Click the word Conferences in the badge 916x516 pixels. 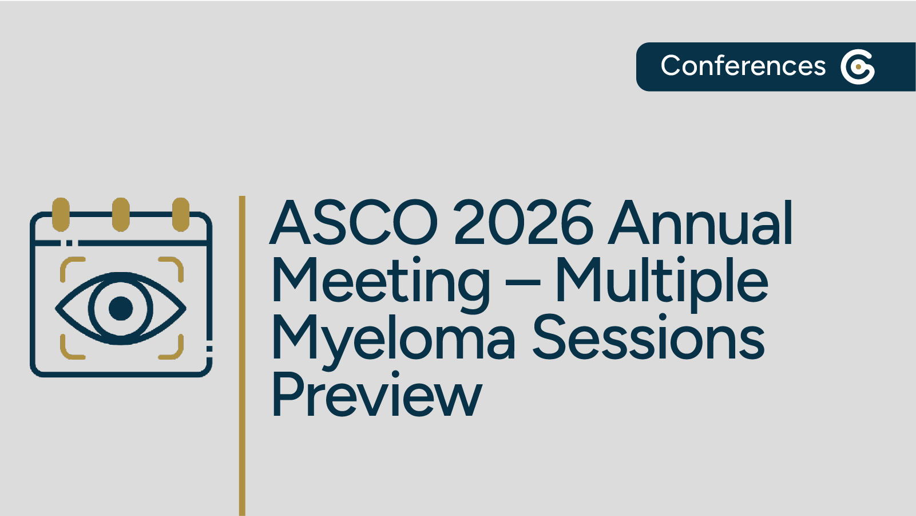coord(743,66)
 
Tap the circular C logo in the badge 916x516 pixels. coord(858,67)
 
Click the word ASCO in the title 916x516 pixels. coord(354,223)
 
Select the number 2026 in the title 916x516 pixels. coord(524,223)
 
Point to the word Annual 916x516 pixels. coord(700,223)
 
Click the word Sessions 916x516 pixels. coord(649,338)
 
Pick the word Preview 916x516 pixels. coord(376,395)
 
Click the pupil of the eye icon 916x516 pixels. coord(121,308)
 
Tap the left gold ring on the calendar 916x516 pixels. coord(61,214)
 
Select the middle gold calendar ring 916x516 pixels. coord(121,214)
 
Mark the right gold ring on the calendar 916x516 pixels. coord(181,214)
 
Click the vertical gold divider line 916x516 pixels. coord(243,355)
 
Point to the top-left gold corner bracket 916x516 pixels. coord(69,266)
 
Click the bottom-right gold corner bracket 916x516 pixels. coord(174,350)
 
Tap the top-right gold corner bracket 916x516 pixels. coord(174,266)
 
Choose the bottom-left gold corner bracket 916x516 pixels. coord(69,350)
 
